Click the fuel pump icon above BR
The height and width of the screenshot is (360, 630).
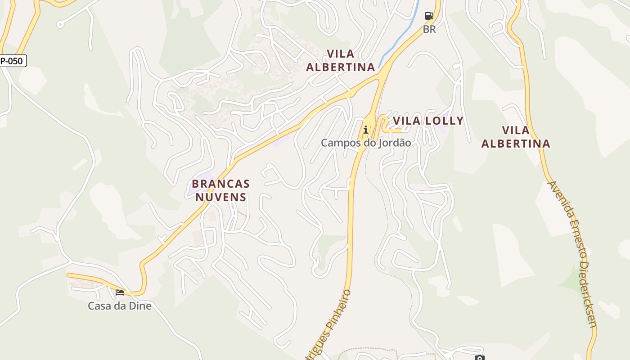(429, 16)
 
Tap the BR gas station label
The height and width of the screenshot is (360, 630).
(429, 29)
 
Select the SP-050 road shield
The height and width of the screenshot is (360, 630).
(13, 61)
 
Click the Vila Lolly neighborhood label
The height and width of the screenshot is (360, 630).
(428, 121)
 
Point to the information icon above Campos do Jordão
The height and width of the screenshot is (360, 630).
(366, 130)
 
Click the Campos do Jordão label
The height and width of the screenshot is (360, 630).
(365, 143)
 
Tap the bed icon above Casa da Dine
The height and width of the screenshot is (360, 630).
(120, 292)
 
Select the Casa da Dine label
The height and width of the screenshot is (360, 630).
(119, 306)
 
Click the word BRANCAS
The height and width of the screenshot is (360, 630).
(220, 184)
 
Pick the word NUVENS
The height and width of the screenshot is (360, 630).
(220, 197)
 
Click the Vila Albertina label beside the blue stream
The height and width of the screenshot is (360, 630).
(340, 60)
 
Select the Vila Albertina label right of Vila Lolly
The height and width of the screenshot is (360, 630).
(516, 137)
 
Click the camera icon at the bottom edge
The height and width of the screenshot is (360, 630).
(479, 358)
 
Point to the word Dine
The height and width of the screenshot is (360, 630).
(139, 306)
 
